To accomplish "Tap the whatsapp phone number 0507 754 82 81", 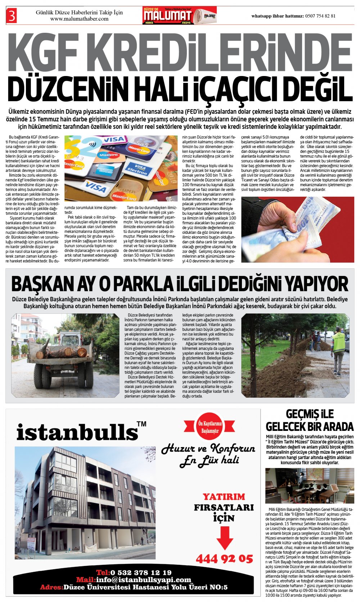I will click(320, 16).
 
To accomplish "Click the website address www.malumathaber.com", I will click(79, 19).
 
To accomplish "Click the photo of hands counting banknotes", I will click(297, 229).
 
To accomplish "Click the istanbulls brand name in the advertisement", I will click(77, 432).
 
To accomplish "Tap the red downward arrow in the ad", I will click(225, 538).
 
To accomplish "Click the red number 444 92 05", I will click(224, 559).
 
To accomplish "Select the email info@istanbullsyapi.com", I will click(143, 580).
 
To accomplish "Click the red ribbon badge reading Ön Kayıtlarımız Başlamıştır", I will click(210, 427).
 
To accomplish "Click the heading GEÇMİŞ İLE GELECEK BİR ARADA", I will click(310, 420).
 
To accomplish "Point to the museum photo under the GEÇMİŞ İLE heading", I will click(309, 486).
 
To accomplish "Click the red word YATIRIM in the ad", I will click(224, 497).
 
